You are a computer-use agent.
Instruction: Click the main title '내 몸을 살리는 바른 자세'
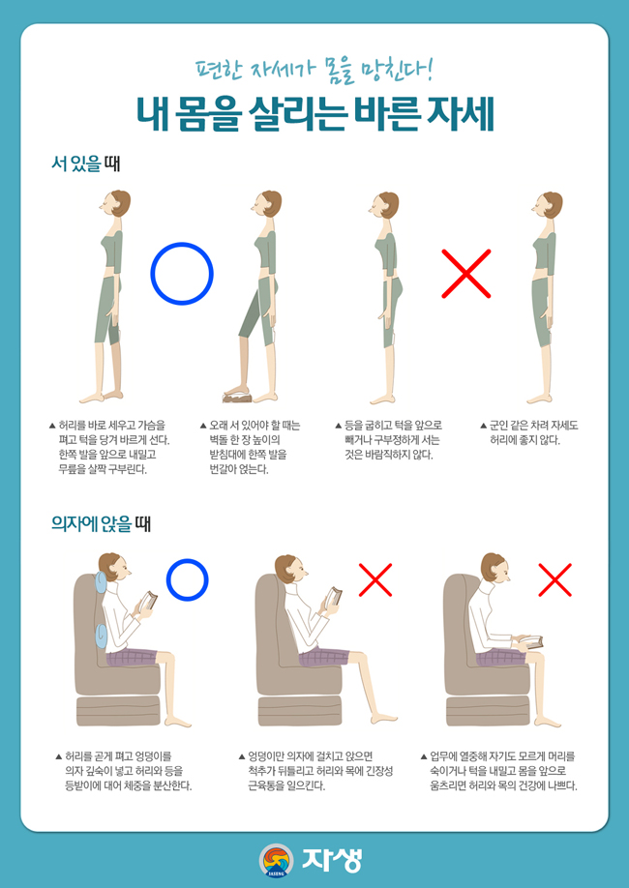314,112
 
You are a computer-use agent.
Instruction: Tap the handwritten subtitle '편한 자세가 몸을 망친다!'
314,71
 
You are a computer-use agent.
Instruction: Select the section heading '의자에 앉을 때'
101,524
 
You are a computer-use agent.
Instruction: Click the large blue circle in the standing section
181,274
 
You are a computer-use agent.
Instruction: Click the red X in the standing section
466,274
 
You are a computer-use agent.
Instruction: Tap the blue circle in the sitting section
187,579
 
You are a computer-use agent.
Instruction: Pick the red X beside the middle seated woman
375,579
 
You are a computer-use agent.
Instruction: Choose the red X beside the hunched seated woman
555,579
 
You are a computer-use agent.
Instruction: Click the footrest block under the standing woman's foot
238,396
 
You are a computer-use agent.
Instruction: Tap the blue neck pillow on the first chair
100,584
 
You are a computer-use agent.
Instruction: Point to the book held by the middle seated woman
335,601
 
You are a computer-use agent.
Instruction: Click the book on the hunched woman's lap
528,639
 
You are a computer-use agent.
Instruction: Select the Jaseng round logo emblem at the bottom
276,859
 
